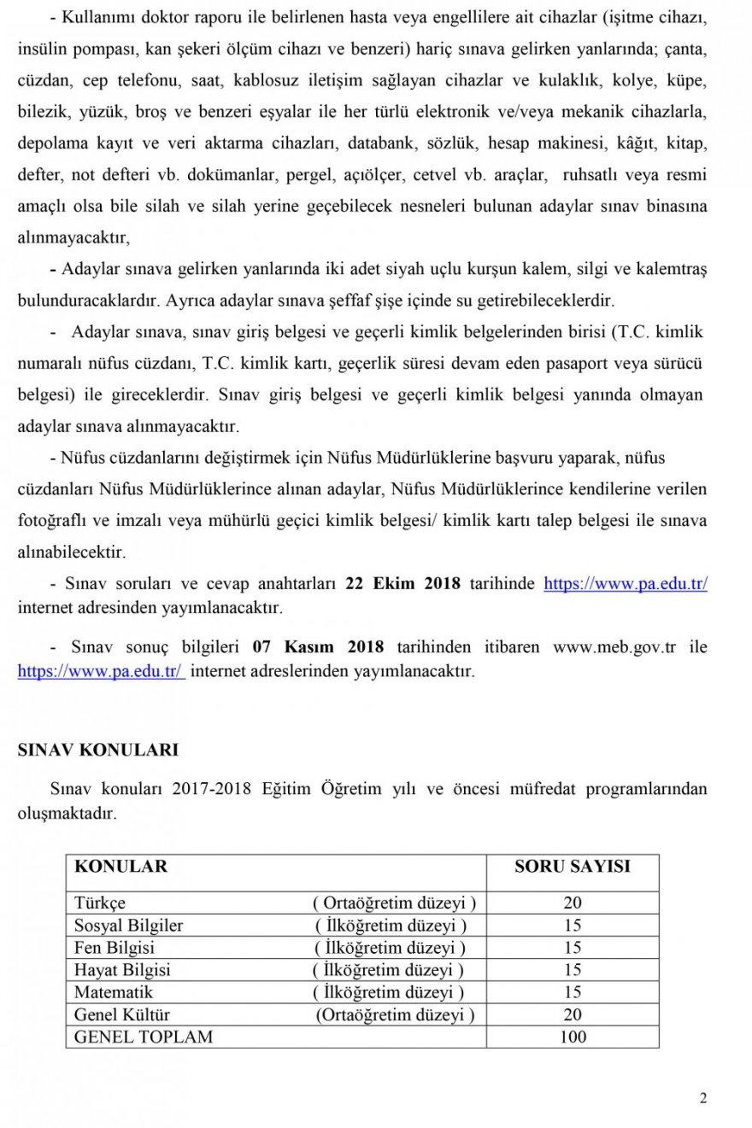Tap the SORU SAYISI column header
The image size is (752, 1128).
tap(572, 867)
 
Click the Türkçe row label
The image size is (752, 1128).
tap(100, 903)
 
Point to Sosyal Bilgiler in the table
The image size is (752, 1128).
tap(128, 926)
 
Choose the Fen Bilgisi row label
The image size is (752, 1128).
tap(115, 948)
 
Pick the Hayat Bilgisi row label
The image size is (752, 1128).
tap(122, 970)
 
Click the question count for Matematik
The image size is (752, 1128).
tap(573, 992)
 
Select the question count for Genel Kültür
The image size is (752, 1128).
tap(573, 1014)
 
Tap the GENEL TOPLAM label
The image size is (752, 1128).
tap(144, 1037)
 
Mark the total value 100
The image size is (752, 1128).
tap(573, 1037)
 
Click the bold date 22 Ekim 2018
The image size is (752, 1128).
tap(402, 584)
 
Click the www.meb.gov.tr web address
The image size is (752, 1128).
tap(614, 646)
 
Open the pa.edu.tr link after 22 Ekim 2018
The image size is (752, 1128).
tap(626, 584)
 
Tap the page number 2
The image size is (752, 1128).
tap(702, 1099)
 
